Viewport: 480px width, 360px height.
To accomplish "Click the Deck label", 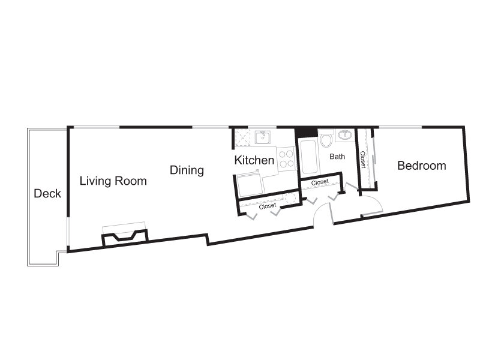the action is pos(47,193).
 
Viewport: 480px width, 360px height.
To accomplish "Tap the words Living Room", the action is pos(113,181).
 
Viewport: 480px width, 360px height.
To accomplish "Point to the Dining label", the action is pos(187,170).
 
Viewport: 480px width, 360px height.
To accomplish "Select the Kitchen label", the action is pos(254,160).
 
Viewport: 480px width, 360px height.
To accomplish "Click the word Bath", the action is pos(337,157).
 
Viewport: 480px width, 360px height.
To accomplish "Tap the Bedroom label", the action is pos(422,166).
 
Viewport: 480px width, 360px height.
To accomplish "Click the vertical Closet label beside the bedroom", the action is pos(362,160).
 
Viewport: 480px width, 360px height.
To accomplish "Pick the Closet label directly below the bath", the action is pos(320,182).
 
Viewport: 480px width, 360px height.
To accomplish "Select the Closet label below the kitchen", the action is pos(267,206).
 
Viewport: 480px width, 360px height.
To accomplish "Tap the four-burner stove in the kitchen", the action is pos(287,158).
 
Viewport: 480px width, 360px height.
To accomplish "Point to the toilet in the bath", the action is pos(326,139).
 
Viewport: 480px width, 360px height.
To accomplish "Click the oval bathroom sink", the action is pos(345,134).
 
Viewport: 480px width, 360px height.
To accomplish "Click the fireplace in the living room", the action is pos(125,237).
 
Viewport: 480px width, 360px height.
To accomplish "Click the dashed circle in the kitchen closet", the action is pos(289,197).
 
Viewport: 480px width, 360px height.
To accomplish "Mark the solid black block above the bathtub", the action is pos(306,131).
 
